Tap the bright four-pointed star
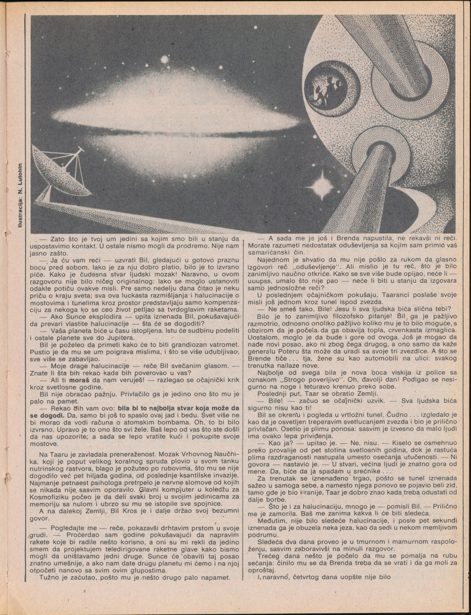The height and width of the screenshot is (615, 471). click(x=321, y=186)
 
